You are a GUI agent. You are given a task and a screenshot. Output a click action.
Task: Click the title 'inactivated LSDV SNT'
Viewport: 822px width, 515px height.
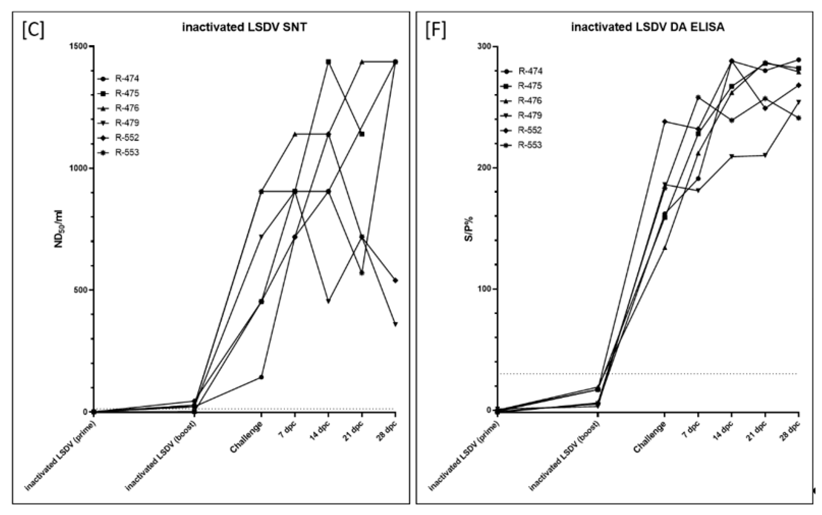244,27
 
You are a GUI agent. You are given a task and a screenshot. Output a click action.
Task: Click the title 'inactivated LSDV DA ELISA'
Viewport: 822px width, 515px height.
648,27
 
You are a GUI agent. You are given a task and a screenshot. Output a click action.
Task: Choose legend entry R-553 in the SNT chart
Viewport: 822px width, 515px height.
127,152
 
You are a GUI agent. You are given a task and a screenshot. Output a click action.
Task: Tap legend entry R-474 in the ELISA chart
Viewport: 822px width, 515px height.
530,71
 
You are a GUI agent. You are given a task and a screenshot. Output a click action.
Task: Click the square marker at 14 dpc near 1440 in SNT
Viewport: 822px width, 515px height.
328,62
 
